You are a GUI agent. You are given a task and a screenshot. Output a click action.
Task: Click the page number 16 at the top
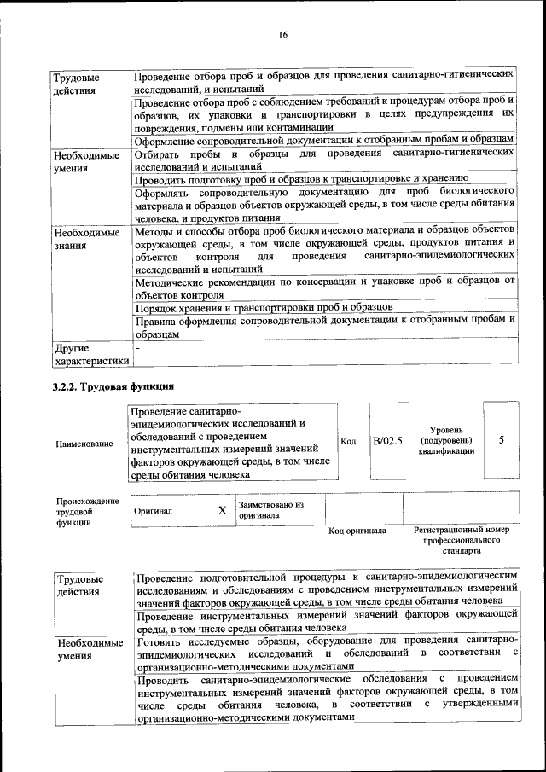click(282, 34)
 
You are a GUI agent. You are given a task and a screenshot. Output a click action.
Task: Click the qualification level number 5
click(502, 440)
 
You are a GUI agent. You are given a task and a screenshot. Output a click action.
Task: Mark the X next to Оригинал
click(222, 510)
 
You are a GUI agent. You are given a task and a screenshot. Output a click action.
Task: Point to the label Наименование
click(84, 444)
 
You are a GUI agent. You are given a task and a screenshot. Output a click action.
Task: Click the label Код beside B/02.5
click(348, 441)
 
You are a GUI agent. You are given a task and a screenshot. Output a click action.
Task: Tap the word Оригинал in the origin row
click(154, 511)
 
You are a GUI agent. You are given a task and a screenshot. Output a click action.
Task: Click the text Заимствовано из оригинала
click(270, 510)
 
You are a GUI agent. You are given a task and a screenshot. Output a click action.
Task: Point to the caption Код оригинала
click(357, 531)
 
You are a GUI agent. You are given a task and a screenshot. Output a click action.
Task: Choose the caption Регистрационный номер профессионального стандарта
click(462, 540)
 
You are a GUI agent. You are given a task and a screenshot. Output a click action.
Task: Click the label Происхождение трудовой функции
click(87, 511)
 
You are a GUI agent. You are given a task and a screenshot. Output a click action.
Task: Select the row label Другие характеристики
click(91, 354)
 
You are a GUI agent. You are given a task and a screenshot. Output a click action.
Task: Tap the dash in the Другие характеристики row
click(137, 348)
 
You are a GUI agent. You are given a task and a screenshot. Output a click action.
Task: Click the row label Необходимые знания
click(86, 238)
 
